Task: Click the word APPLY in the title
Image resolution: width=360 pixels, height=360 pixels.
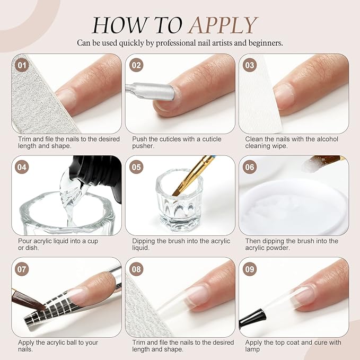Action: (x=223, y=25)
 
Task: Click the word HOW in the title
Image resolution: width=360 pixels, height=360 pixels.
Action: (x=117, y=25)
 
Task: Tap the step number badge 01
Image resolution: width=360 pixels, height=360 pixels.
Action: (x=22, y=66)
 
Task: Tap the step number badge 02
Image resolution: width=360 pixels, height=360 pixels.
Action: (x=136, y=66)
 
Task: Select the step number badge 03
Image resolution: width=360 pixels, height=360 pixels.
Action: (x=250, y=66)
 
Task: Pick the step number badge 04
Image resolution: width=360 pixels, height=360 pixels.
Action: (x=22, y=168)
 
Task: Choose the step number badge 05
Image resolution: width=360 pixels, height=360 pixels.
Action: (x=136, y=168)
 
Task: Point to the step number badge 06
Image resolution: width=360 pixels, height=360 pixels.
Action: (x=250, y=168)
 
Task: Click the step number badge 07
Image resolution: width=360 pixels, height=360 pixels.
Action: (x=22, y=269)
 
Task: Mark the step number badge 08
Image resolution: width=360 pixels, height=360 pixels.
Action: (x=136, y=269)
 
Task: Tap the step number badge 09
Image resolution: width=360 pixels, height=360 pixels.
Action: (x=250, y=269)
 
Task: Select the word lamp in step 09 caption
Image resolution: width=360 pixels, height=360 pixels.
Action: (x=252, y=350)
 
